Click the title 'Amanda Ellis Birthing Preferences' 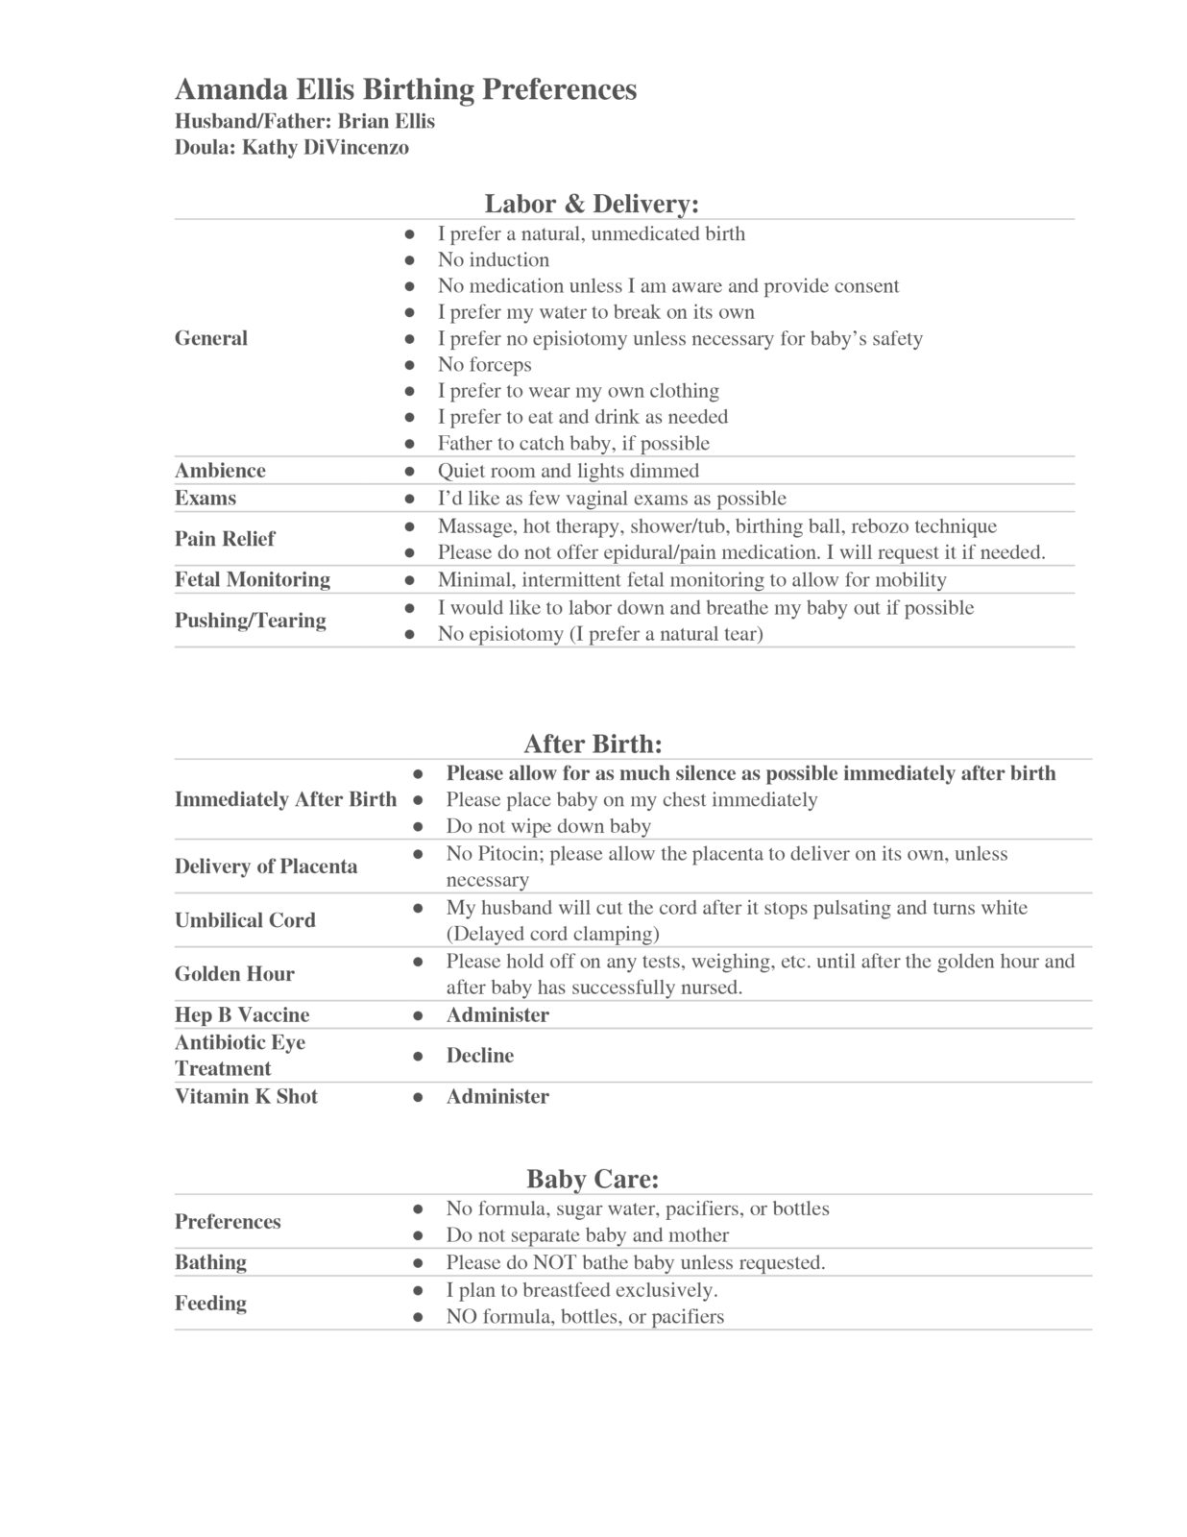click(x=405, y=89)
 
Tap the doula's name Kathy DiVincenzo click(x=326, y=147)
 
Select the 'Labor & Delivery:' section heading click(x=591, y=204)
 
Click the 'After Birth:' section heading click(x=593, y=744)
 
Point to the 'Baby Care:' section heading click(x=592, y=1179)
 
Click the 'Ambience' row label click(x=220, y=471)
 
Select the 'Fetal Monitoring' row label click(x=252, y=579)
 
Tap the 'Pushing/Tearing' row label click(x=250, y=621)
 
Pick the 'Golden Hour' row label click(x=234, y=974)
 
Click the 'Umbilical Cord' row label click(x=245, y=920)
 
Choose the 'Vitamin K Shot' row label click(x=246, y=1097)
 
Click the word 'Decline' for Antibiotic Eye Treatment click(x=479, y=1056)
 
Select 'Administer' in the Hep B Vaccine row click(x=497, y=1015)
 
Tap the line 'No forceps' click(x=484, y=365)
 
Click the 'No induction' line click(x=494, y=260)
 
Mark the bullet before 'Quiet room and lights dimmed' click(x=409, y=472)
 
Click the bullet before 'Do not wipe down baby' click(x=418, y=826)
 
